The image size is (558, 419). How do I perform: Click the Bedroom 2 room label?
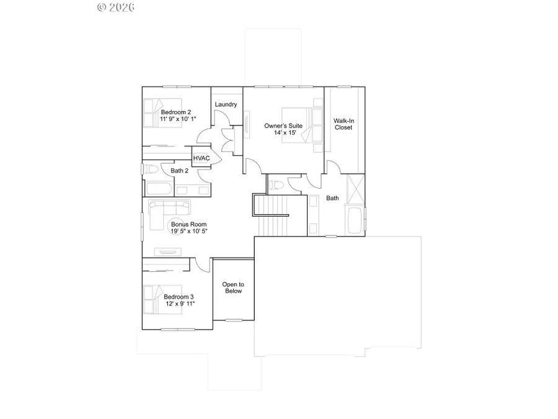(176, 112)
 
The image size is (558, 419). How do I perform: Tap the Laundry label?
(226, 104)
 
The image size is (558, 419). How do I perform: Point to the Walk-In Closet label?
(343, 124)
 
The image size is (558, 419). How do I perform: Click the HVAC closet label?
(201, 158)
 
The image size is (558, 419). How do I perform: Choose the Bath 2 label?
(180, 170)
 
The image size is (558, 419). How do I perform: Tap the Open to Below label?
(233, 287)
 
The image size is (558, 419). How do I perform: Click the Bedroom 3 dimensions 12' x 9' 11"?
(180, 304)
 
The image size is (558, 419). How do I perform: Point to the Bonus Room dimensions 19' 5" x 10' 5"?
(189, 231)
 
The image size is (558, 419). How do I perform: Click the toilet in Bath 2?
(150, 169)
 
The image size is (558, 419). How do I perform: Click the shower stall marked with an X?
(355, 187)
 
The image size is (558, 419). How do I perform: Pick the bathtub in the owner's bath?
(355, 222)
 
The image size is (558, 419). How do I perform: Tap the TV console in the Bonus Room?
(167, 252)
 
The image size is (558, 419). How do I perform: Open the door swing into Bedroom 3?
(200, 264)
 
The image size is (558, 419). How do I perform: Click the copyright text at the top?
(117, 7)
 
